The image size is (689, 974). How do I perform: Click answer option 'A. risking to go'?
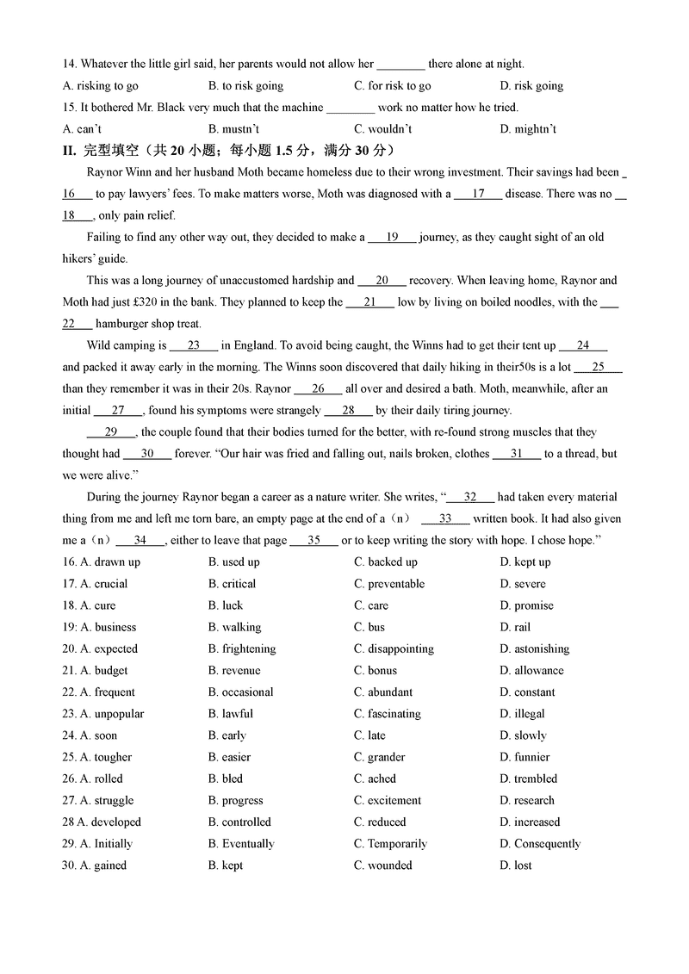(x=101, y=86)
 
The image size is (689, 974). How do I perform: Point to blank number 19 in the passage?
(x=392, y=237)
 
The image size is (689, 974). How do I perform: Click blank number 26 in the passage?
(x=318, y=388)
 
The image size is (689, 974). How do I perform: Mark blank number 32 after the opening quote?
(x=469, y=497)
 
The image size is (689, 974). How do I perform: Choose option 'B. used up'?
(x=233, y=562)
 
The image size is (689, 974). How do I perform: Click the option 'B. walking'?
(x=234, y=627)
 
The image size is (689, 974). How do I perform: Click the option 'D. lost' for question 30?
(x=515, y=865)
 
